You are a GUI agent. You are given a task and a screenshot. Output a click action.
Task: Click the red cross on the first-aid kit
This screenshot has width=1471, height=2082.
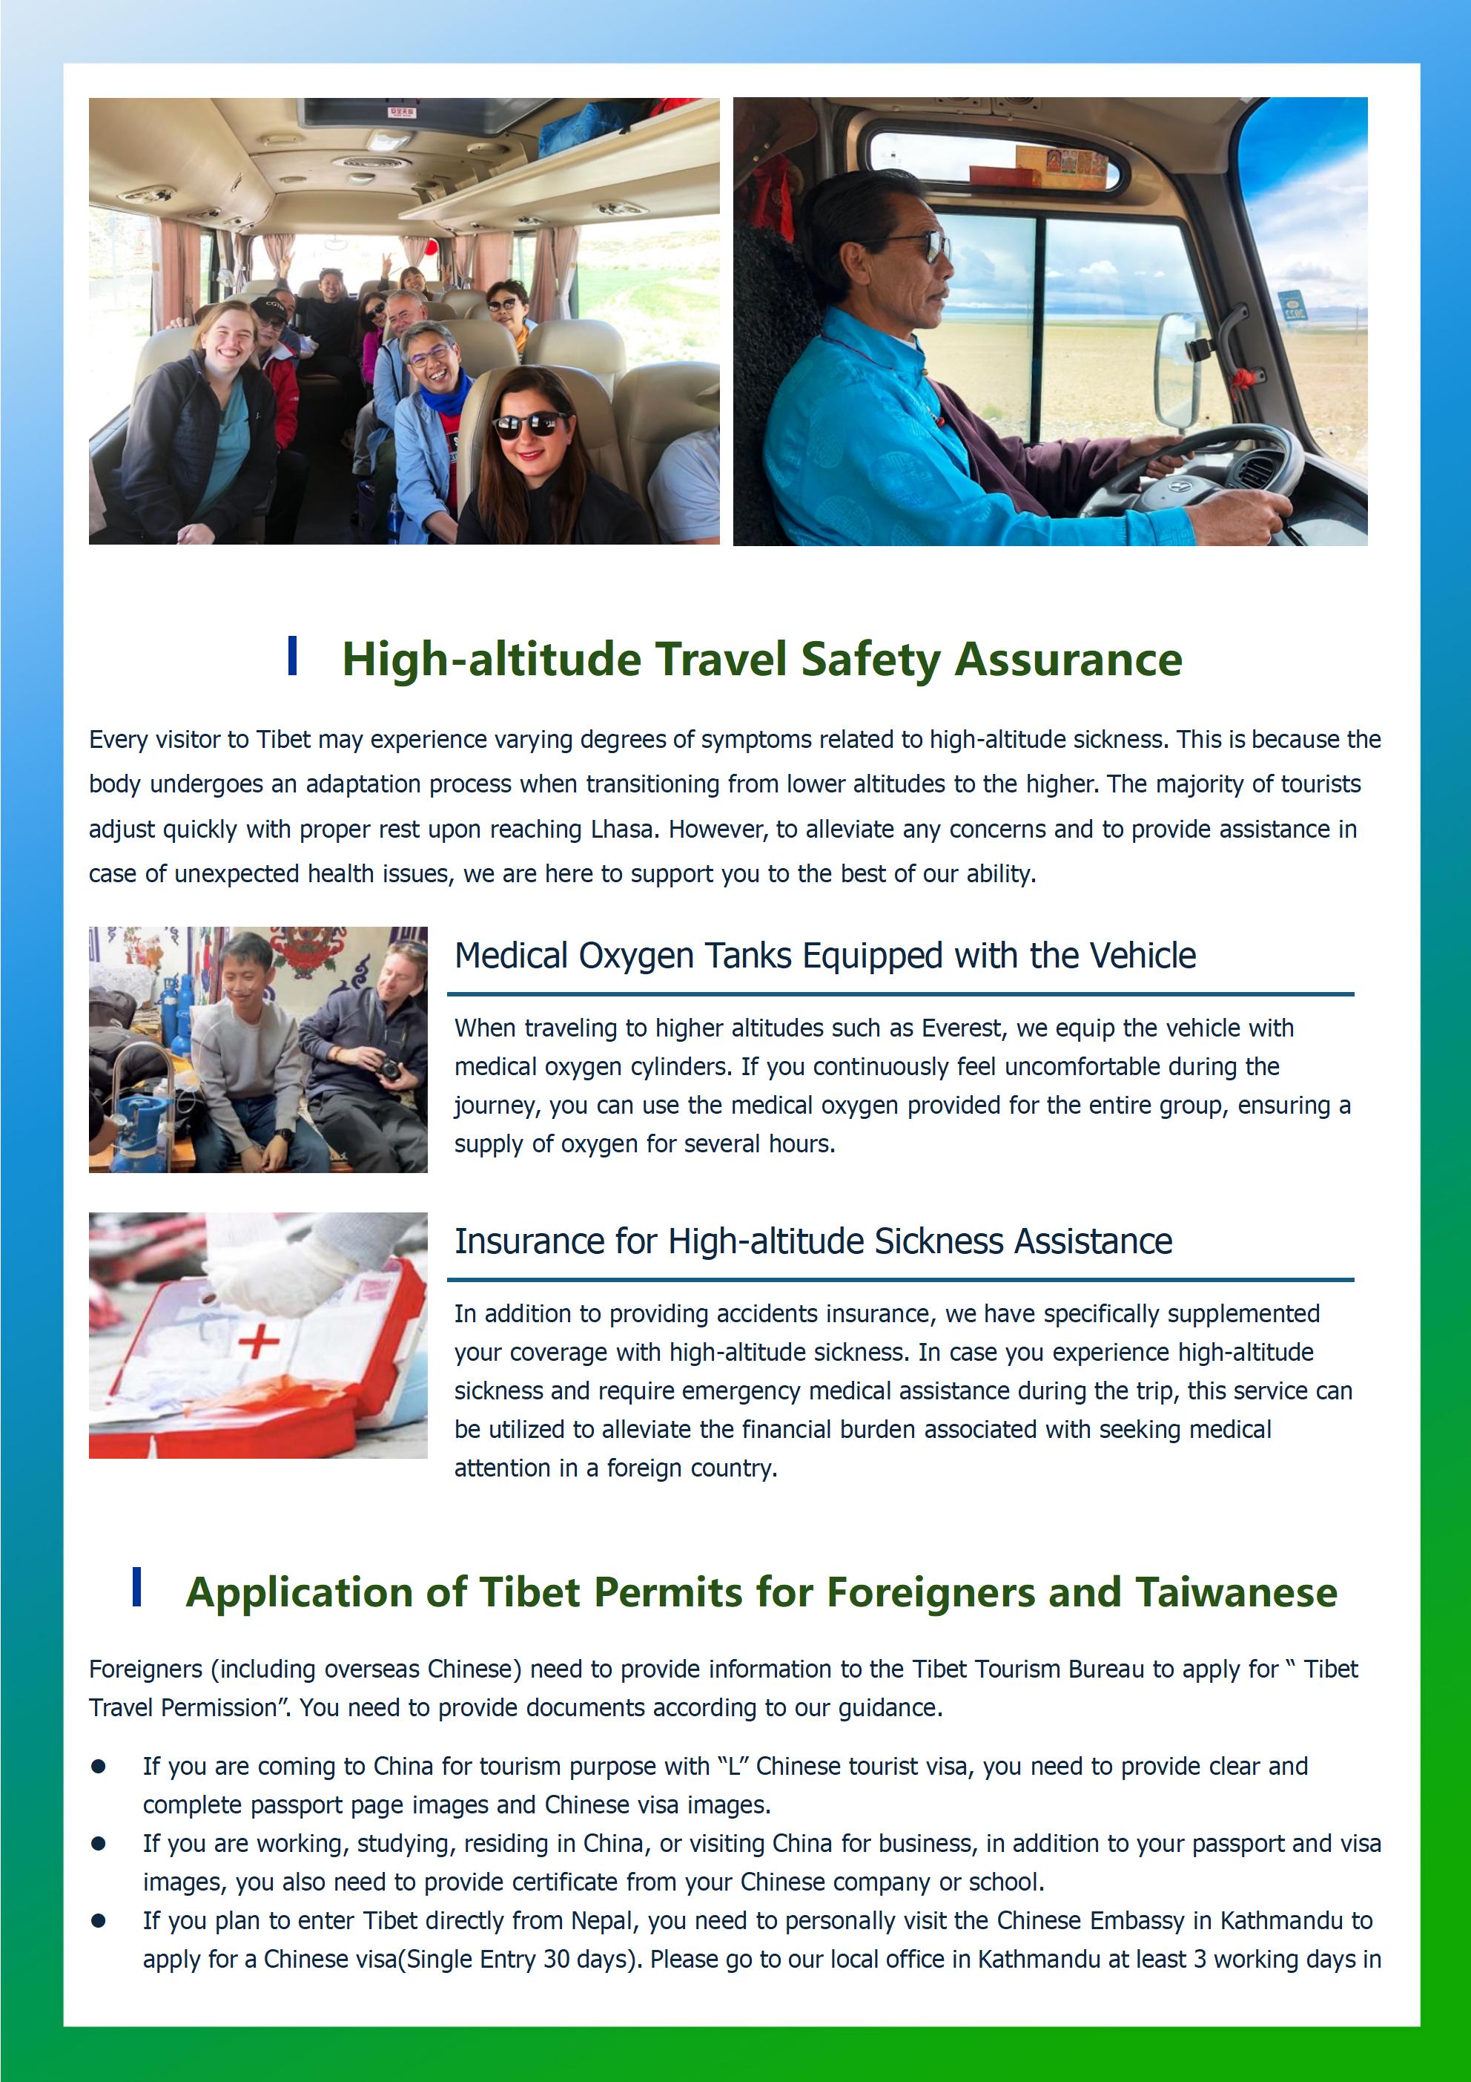coord(257,1340)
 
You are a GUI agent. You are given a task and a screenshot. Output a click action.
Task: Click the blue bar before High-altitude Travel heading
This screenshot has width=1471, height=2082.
coord(292,656)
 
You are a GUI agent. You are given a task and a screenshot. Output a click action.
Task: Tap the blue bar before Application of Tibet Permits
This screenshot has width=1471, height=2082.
coord(137,1587)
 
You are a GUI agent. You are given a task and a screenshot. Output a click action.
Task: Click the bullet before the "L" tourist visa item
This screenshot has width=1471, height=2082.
coord(99,1767)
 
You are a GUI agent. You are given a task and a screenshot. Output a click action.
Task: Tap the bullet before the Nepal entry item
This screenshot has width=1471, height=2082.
coord(99,1920)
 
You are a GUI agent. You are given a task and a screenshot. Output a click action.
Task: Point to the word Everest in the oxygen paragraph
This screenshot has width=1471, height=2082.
coord(962,1028)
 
